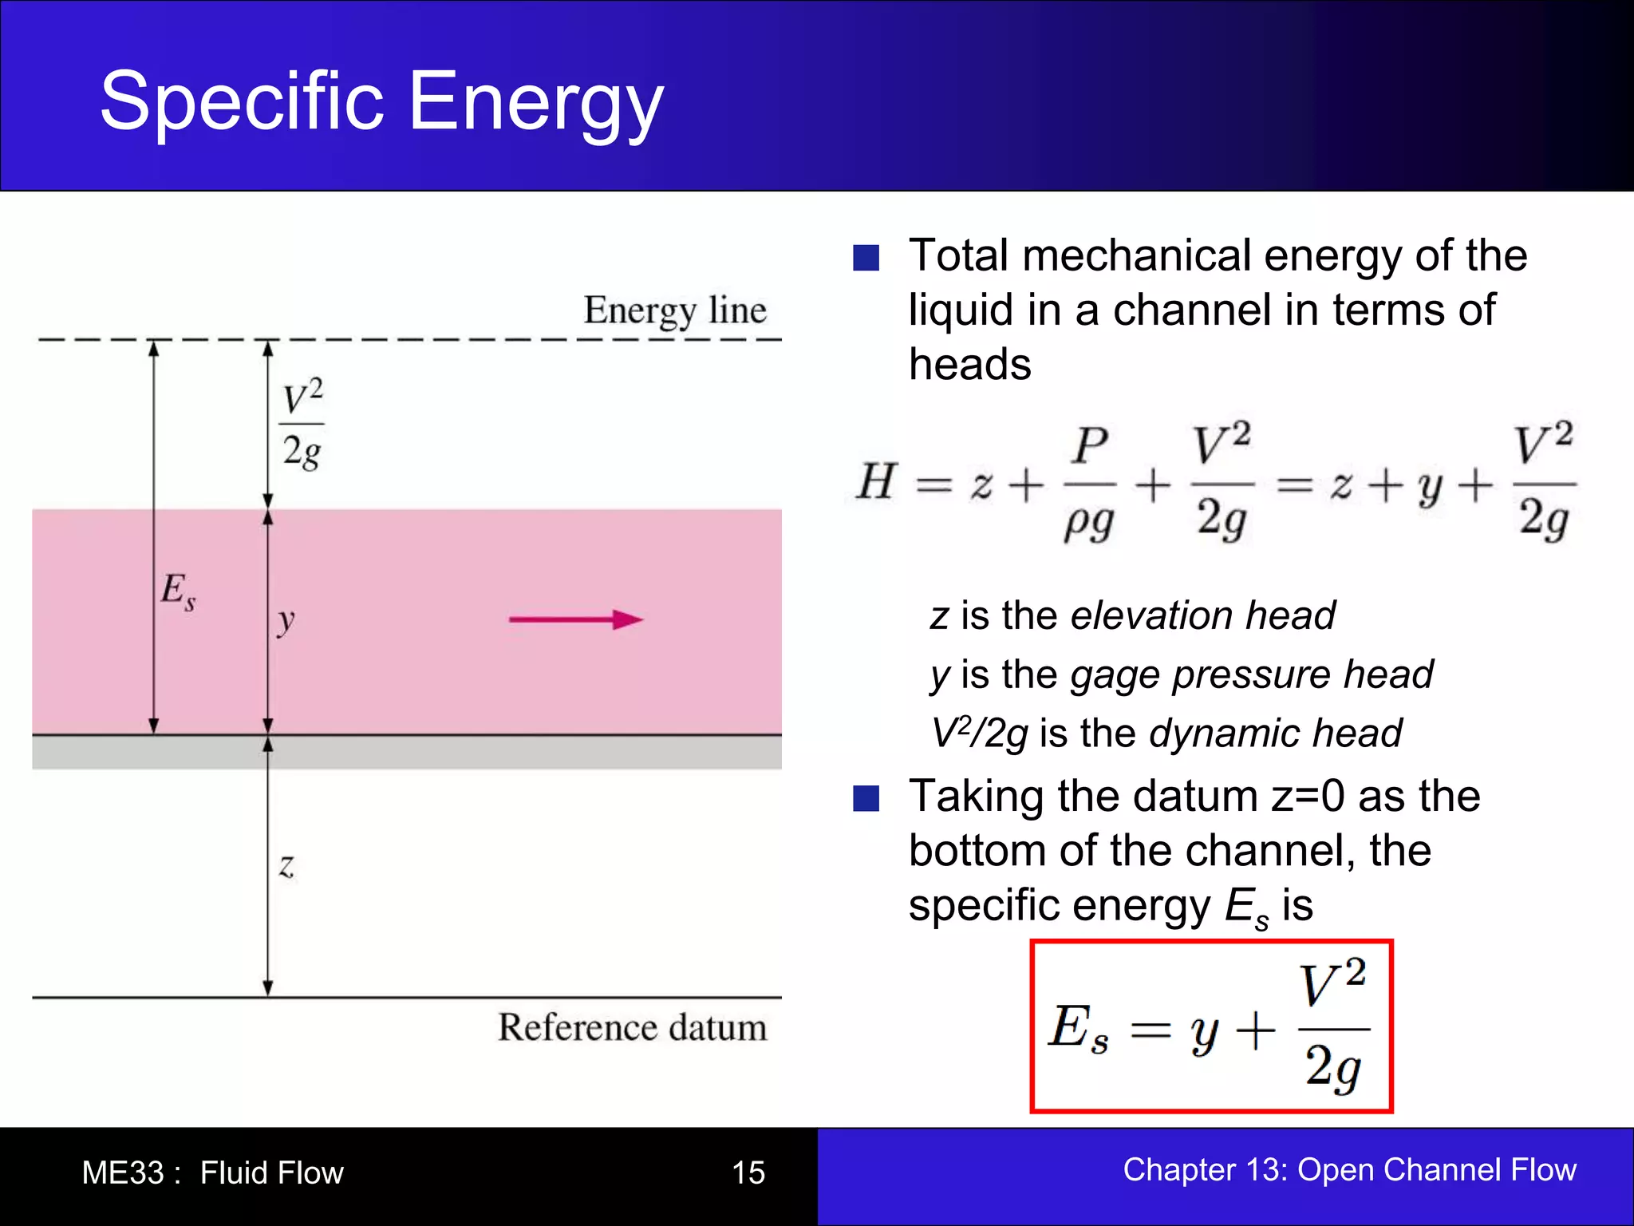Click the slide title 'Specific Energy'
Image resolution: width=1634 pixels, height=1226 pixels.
pyautogui.click(x=381, y=102)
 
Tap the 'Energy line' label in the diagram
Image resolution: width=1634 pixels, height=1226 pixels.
pyautogui.click(x=675, y=310)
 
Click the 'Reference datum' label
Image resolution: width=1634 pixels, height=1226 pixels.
pyautogui.click(x=632, y=1027)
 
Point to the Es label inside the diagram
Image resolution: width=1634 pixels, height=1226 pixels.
pyautogui.click(x=178, y=591)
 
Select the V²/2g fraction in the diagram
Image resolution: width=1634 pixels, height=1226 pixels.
pyautogui.click(x=302, y=425)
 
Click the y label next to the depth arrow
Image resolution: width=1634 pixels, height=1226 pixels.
pyautogui.click(x=286, y=620)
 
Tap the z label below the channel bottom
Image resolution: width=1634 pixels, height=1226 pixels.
pyautogui.click(x=286, y=866)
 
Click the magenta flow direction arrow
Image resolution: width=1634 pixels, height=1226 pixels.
pyautogui.click(x=575, y=619)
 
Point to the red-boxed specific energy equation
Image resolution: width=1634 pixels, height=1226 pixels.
pyautogui.click(x=1210, y=1026)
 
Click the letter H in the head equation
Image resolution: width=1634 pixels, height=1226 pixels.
pyautogui.click(x=876, y=482)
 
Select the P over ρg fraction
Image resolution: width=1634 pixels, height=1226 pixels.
pyautogui.click(x=1090, y=484)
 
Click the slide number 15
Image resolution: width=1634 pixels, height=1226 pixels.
pyautogui.click(x=748, y=1173)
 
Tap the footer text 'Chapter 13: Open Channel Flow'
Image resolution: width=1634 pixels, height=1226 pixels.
pyautogui.click(x=1349, y=1169)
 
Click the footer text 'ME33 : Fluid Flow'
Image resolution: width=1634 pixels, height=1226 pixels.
pyautogui.click(x=212, y=1173)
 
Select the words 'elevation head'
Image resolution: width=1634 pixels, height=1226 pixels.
pyautogui.click(x=1202, y=615)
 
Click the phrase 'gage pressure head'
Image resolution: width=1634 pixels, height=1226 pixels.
pyautogui.click(x=1251, y=674)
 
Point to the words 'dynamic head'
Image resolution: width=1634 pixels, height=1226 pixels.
pyautogui.click(x=1275, y=733)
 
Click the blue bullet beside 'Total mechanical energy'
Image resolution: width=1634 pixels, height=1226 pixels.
pyautogui.click(x=866, y=258)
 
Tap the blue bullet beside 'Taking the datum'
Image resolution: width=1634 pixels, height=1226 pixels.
pyautogui.click(x=866, y=798)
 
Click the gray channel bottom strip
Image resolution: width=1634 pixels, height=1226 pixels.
pyautogui.click(x=407, y=752)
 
